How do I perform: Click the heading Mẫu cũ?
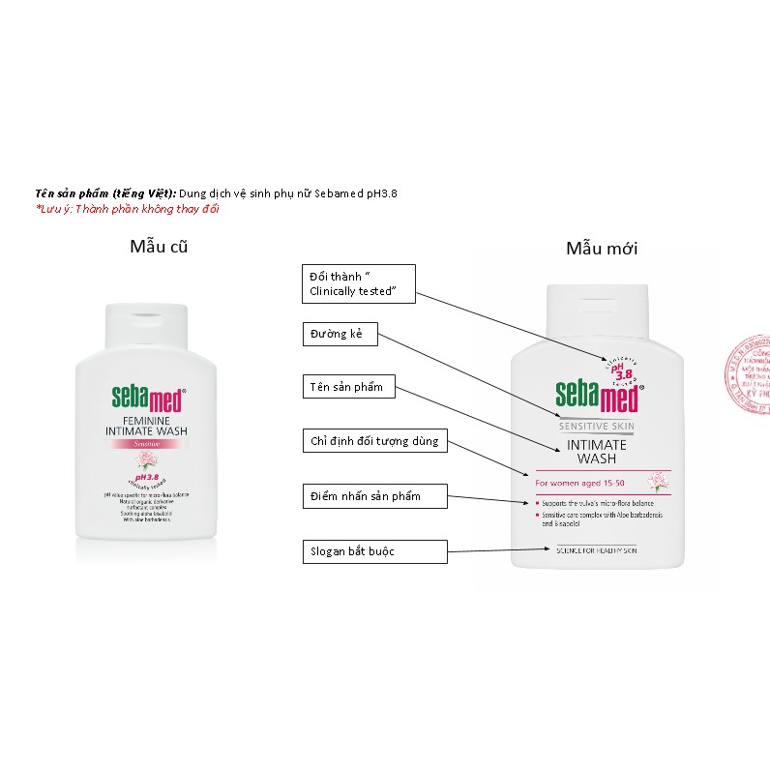pos(158,246)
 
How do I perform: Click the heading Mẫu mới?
pos(601,249)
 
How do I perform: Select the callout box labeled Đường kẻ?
pos(338,336)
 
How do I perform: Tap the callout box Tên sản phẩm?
pos(347,388)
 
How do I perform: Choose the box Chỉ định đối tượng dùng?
pos(374,442)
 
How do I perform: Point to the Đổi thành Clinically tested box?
pos(358,282)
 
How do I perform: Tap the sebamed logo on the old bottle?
pos(147,397)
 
